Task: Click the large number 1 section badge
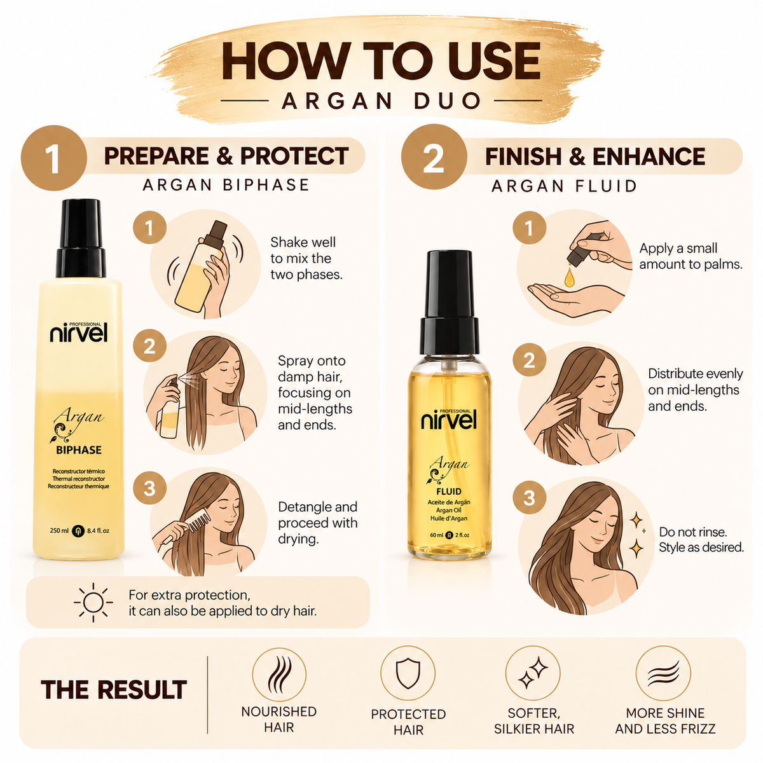click(53, 158)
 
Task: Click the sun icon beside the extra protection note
click(93, 602)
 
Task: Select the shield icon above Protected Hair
click(408, 673)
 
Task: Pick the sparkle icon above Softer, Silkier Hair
click(533, 673)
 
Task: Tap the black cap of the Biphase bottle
click(81, 238)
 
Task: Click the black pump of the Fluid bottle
click(450, 303)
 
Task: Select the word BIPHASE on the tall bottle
click(79, 450)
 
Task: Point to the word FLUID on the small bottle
click(449, 491)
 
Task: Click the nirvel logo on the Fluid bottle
click(449, 419)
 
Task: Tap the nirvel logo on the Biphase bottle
click(79, 332)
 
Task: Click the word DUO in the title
click(447, 100)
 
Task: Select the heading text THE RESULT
click(114, 689)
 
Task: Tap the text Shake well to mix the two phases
click(306, 258)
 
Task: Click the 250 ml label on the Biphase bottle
click(59, 530)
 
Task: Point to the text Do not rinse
click(693, 532)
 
